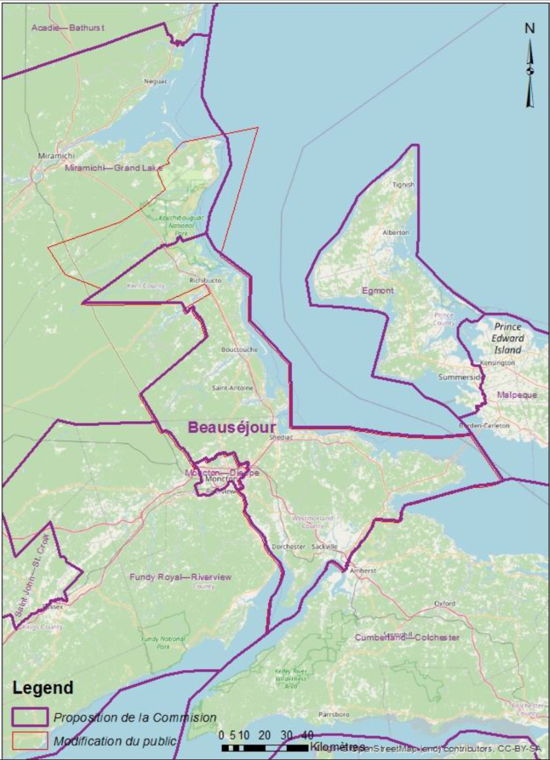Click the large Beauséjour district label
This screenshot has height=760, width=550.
click(x=232, y=427)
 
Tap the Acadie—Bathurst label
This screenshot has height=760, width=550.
click(x=68, y=28)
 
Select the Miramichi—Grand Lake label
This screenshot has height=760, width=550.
click(x=113, y=168)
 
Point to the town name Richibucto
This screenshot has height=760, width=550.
click(x=205, y=280)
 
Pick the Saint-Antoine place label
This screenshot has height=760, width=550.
click(x=232, y=388)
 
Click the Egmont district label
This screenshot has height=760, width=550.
click(x=377, y=290)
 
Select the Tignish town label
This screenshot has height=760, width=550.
click(x=404, y=185)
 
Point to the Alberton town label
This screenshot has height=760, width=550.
click(x=396, y=233)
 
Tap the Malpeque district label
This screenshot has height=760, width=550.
click(x=517, y=395)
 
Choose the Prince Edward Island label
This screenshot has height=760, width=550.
click(x=508, y=338)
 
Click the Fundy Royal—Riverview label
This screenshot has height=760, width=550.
click(x=181, y=577)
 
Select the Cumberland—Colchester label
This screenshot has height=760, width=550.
click(x=407, y=637)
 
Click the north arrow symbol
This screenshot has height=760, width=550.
click(x=530, y=67)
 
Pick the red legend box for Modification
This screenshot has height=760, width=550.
click(x=29, y=741)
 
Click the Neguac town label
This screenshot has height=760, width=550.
click(x=155, y=81)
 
